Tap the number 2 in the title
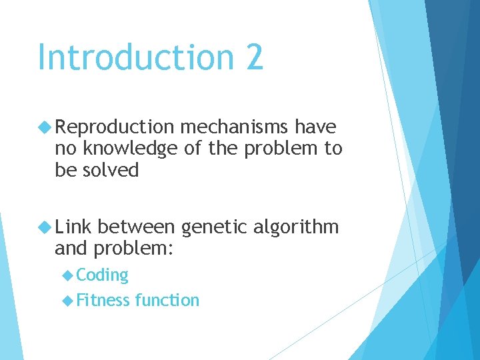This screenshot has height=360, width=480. [254, 57]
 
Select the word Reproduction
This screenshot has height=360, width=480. [115, 127]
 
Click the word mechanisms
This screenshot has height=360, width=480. [234, 127]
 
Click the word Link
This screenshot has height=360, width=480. [74, 228]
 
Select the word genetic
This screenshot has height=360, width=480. [215, 228]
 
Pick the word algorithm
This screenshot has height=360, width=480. [297, 228]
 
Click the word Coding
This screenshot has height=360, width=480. [102, 275]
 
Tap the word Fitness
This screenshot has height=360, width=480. [103, 300]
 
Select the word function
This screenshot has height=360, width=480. [167, 300]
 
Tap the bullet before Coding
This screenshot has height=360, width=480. [68, 275]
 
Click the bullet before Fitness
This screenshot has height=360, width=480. [68, 300]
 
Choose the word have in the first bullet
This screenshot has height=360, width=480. [315, 127]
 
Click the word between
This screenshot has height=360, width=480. [138, 228]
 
